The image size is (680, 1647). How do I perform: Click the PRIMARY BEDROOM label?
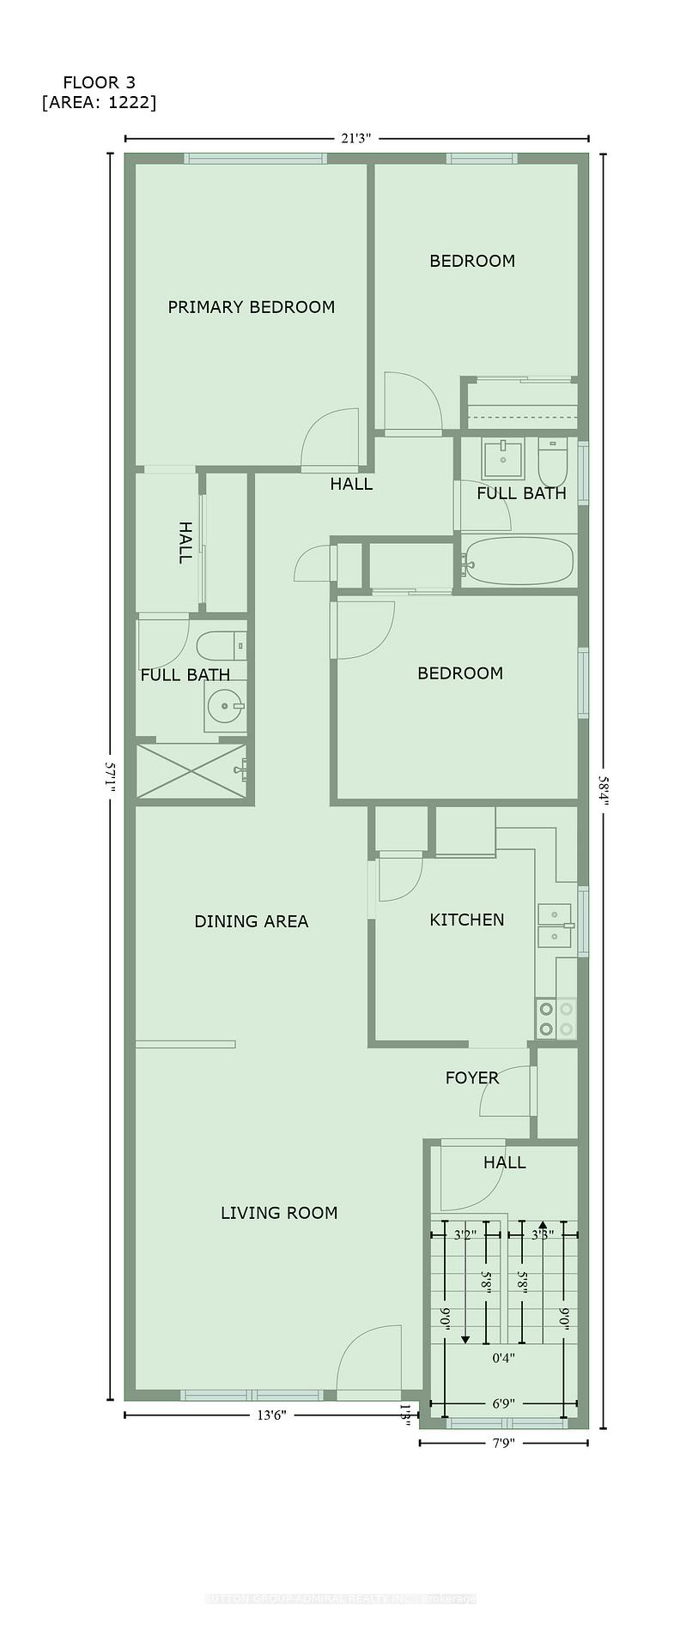coord(251,307)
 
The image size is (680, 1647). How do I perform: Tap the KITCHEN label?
coord(466,920)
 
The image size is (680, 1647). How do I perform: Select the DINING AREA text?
coord(251,921)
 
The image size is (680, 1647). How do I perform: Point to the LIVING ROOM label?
coord(279,1213)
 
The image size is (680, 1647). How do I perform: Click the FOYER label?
coord(471,1078)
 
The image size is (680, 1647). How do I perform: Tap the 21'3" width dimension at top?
coord(355,138)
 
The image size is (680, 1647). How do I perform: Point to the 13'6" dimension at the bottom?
coord(271,1415)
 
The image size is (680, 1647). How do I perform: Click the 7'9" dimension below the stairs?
coord(502,1443)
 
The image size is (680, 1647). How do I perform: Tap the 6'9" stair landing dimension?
coord(503,1404)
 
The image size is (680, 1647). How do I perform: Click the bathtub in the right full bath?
coord(518,562)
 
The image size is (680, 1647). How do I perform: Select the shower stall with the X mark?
coord(191,771)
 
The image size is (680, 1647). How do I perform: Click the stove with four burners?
coord(556,1019)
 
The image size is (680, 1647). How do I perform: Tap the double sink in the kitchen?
coord(555,923)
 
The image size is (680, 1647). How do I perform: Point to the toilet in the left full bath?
coord(217,645)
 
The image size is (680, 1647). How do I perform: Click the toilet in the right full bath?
coord(551,462)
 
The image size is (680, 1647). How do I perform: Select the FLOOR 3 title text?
coord(99,82)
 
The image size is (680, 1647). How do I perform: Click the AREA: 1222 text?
coord(99,103)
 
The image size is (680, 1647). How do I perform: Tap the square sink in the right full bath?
coord(502,459)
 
